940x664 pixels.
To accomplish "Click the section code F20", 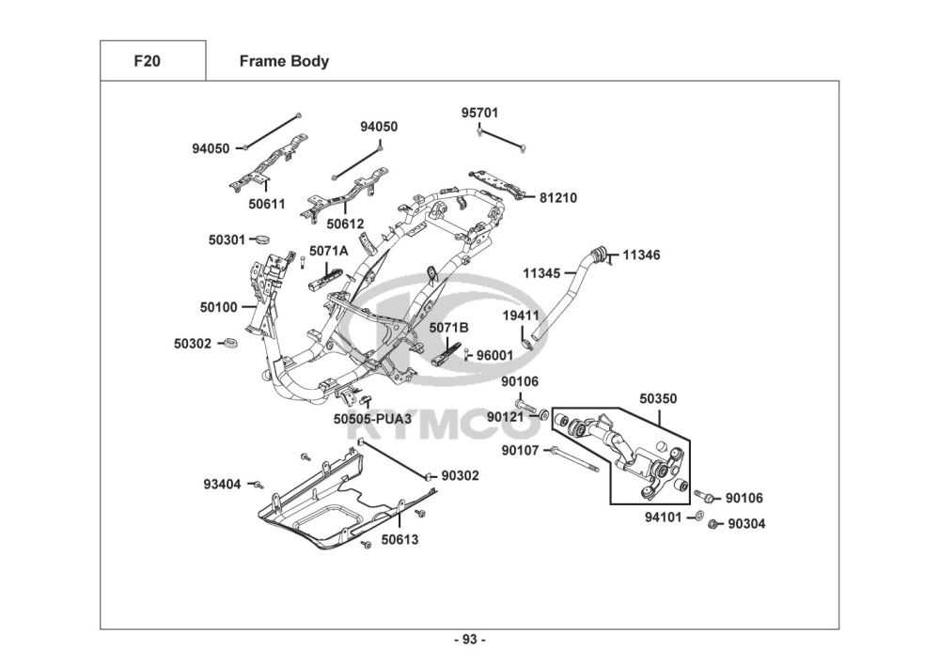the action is (x=147, y=61).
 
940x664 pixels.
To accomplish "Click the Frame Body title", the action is (x=284, y=61).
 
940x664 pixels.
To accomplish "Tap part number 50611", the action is (x=267, y=204).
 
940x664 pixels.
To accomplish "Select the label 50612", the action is (x=345, y=224).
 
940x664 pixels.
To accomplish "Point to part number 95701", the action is (x=479, y=113).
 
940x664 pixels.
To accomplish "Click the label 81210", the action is (x=558, y=197).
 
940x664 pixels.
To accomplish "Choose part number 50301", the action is (x=227, y=240).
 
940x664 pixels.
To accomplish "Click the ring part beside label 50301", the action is (x=261, y=240).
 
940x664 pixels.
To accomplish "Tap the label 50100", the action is (x=219, y=308).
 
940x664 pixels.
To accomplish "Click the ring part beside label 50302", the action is (x=229, y=343).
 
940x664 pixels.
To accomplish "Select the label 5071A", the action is (x=328, y=251).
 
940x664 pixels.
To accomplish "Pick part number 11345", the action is (x=541, y=273).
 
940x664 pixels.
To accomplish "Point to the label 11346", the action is (x=641, y=255).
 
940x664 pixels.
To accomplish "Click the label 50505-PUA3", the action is (x=372, y=419).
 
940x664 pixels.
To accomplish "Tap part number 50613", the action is (x=399, y=540).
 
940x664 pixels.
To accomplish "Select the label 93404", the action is (x=222, y=484).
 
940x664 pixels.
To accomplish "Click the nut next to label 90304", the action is (x=713, y=524).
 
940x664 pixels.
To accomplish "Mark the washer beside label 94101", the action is (x=698, y=515).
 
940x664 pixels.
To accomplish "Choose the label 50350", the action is (x=658, y=399).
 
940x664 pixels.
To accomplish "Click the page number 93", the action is (x=470, y=640).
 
